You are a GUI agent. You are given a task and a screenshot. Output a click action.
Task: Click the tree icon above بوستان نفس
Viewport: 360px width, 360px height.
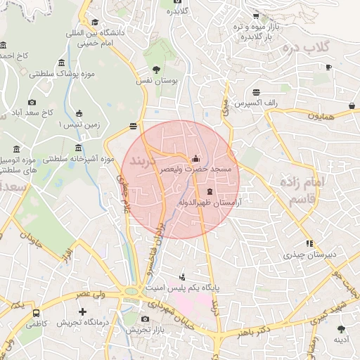click(x=156, y=70)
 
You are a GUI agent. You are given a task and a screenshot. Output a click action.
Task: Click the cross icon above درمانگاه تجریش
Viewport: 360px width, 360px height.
click(x=83, y=311)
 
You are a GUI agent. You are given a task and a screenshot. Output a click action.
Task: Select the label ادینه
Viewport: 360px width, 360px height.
click(x=342, y=340)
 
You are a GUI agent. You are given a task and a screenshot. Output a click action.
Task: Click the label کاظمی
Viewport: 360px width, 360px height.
click(x=37, y=325)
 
